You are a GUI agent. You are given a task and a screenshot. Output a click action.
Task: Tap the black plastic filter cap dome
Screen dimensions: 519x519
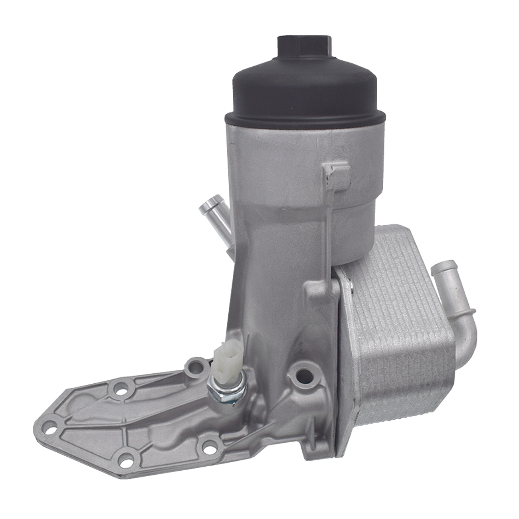304,88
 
